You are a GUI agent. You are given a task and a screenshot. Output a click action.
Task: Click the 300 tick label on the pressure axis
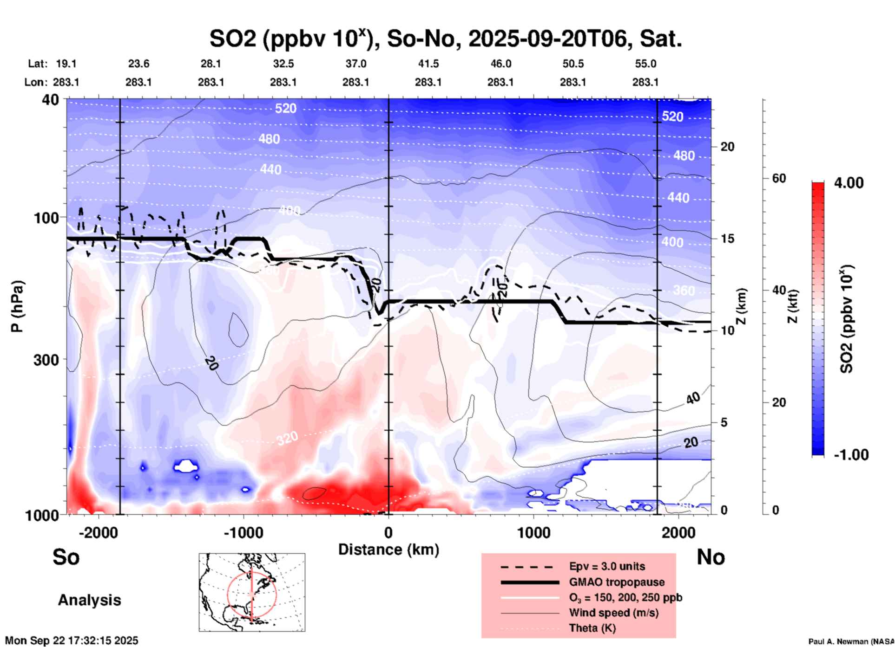(46, 360)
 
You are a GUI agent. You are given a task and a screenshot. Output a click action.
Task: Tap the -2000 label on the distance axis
(98, 533)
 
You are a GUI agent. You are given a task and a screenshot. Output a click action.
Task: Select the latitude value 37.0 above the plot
(355, 64)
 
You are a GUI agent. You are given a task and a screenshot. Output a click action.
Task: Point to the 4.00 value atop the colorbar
(849, 183)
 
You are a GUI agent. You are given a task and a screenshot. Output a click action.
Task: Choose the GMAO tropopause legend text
(617, 582)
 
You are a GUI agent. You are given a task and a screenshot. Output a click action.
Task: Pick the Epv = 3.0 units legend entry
(607, 566)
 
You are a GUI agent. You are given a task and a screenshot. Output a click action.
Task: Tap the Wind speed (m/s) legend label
(613, 613)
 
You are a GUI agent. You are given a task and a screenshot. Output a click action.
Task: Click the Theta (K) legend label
(592, 628)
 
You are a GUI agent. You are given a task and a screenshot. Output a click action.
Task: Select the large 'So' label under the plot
(66, 557)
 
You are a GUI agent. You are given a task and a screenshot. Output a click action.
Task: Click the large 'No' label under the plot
(711, 557)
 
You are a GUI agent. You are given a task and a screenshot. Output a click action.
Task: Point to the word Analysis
(89, 600)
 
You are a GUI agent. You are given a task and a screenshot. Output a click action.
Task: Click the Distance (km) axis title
(388, 550)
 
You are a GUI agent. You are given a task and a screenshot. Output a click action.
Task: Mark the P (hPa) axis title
(17, 306)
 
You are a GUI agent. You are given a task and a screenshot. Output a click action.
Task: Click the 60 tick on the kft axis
(779, 178)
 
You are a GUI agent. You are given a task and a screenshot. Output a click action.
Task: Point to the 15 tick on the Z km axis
(727, 239)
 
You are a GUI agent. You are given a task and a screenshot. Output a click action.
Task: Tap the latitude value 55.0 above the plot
(645, 64)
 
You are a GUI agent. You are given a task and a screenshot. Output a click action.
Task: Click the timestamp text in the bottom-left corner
(72, 641)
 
